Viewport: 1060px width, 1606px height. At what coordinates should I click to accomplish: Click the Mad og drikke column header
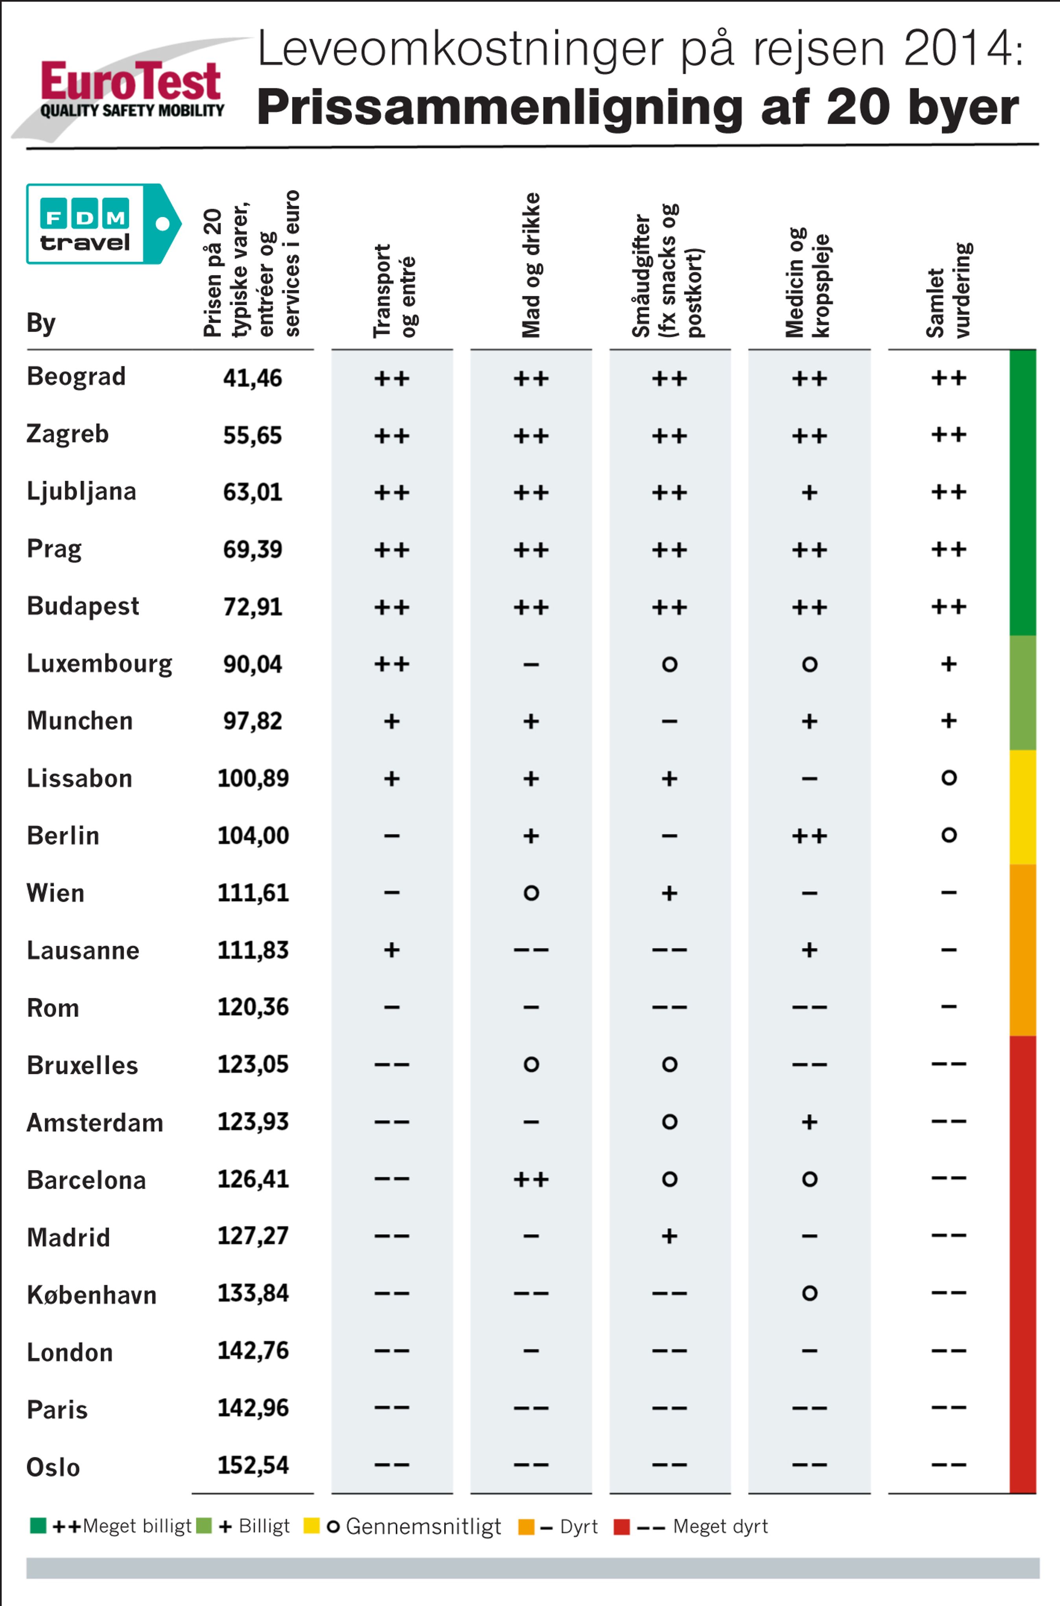tap(531, 265)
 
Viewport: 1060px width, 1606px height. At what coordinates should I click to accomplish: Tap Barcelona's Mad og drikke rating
tap(531, 1179)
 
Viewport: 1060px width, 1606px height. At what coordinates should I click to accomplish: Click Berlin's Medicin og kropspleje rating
tap(809, 836)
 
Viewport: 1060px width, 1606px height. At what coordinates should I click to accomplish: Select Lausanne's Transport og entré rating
tap(391, 950)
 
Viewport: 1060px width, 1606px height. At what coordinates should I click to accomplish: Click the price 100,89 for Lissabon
tap(253, 778)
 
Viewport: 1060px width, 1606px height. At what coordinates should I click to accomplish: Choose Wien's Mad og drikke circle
tap(531, 893)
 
